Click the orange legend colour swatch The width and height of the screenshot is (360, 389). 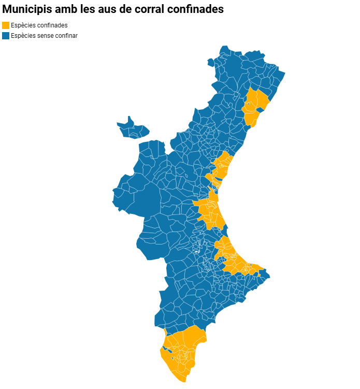click(x=6, y=25)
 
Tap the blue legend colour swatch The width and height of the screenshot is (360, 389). click(x=6, y=36)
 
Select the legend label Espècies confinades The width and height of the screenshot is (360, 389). click(x=39, y=25)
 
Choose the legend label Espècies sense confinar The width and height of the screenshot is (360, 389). click(x=44, y=36)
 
